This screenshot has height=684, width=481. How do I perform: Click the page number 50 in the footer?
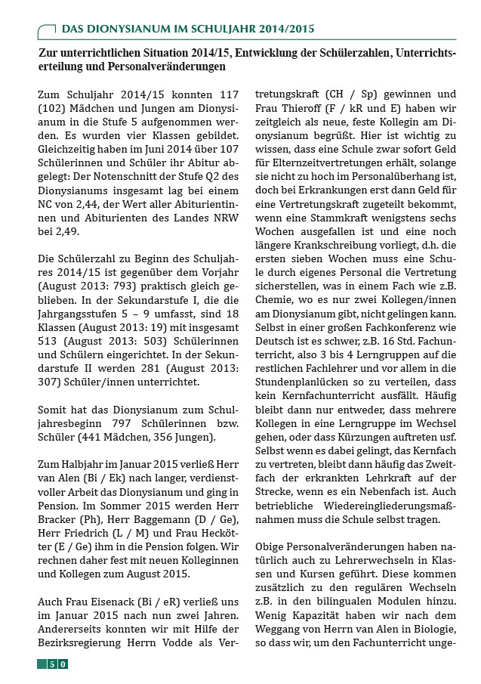coord(57,664)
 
